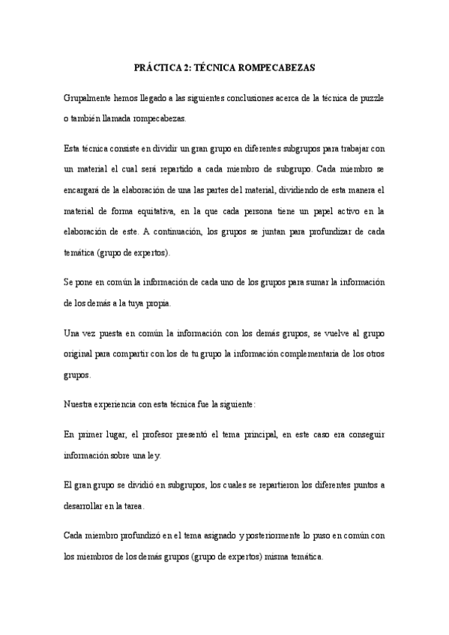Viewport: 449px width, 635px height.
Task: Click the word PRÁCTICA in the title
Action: [x=159, y=67]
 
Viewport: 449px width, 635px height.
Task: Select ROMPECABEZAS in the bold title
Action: [x=277, y=67]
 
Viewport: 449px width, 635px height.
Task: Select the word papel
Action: [x=310, y=211]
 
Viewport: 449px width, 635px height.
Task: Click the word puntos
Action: [x=362, y=485]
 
